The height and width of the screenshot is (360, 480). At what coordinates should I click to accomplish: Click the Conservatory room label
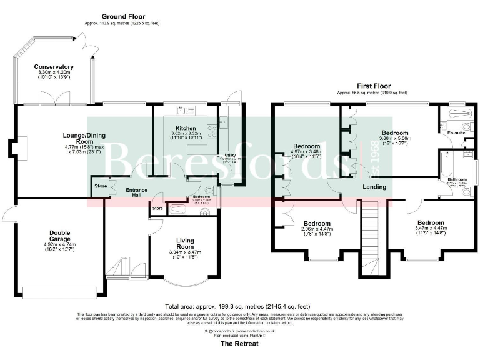[x=54, y=67]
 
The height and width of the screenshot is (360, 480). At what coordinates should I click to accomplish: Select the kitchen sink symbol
[x=184, y=112]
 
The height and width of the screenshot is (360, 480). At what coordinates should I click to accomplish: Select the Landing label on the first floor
[x=374, y=187]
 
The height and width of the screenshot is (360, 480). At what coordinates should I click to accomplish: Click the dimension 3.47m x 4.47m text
[x=431, y=229]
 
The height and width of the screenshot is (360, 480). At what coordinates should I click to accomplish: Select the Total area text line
[x=237, y=307]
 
